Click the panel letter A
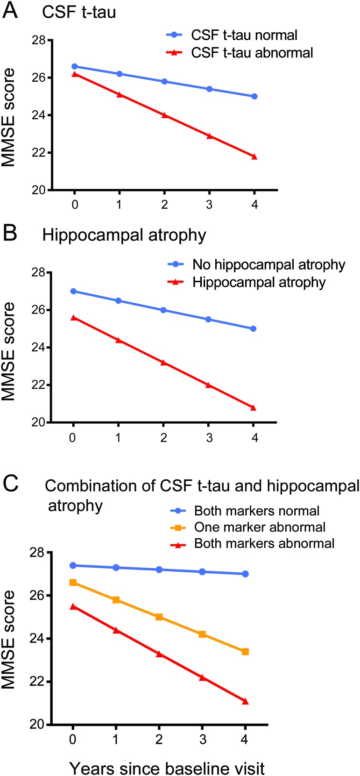click(10, 10)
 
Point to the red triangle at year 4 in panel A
click(254, 157)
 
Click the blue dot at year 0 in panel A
click(75, 66)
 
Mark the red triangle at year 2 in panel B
click(163, 363)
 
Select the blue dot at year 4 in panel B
click(254, 329)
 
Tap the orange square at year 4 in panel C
click(246, 651)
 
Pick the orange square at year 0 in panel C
click(73, 583)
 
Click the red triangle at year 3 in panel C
click(202, 677)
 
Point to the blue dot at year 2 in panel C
click(159, 570)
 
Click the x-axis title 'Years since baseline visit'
click(167, 768)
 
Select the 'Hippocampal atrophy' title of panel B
click(124, 235)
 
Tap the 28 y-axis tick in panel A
click(39, 40)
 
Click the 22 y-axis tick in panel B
click(39, 385)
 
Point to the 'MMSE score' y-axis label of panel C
click(8, 639)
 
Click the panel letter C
click(11, 484)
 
